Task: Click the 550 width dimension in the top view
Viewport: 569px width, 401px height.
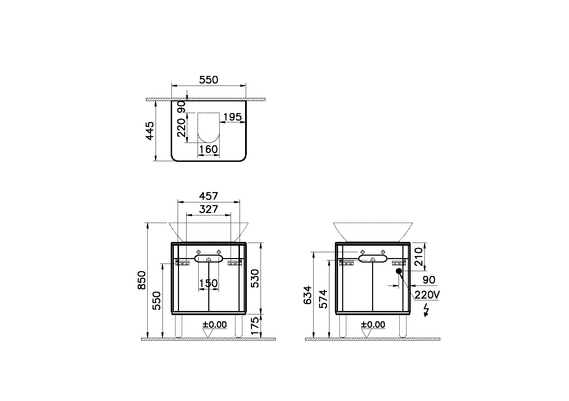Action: (209, 80)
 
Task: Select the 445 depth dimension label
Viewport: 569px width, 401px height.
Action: (149, 131)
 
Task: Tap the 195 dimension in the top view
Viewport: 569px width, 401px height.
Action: (232, 118)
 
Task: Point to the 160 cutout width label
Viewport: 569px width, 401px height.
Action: (209, 149)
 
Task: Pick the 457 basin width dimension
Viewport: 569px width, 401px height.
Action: (209, 196)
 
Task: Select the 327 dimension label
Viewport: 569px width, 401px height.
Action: (209, 209)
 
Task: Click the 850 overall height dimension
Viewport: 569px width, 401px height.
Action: (142, 280)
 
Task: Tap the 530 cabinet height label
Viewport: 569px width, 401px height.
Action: (254, 278)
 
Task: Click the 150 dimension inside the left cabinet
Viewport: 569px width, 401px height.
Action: (209, 283)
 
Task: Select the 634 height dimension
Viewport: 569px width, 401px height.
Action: (308, 294)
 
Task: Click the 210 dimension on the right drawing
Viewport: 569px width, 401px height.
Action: (419, 257)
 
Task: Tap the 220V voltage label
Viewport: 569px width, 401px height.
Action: (427, 295)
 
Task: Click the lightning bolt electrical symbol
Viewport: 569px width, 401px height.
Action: (426, 310)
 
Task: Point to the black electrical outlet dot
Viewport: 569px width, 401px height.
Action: (399, 271)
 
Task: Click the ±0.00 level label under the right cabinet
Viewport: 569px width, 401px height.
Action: (373, 324)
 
